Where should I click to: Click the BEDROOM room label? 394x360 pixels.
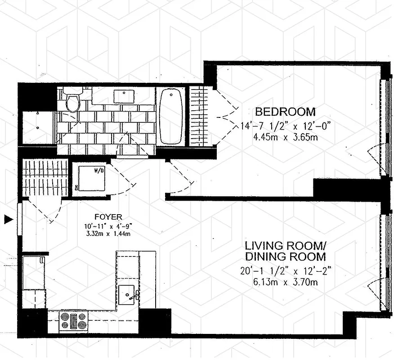(x=285, y=112)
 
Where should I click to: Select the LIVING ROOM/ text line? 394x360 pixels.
(x=286, y=246)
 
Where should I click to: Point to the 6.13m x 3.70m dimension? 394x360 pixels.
(x=286, y=282)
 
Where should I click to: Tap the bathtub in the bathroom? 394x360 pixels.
(x=171, y=116)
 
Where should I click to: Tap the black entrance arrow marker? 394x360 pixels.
(x=7, y=220)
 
